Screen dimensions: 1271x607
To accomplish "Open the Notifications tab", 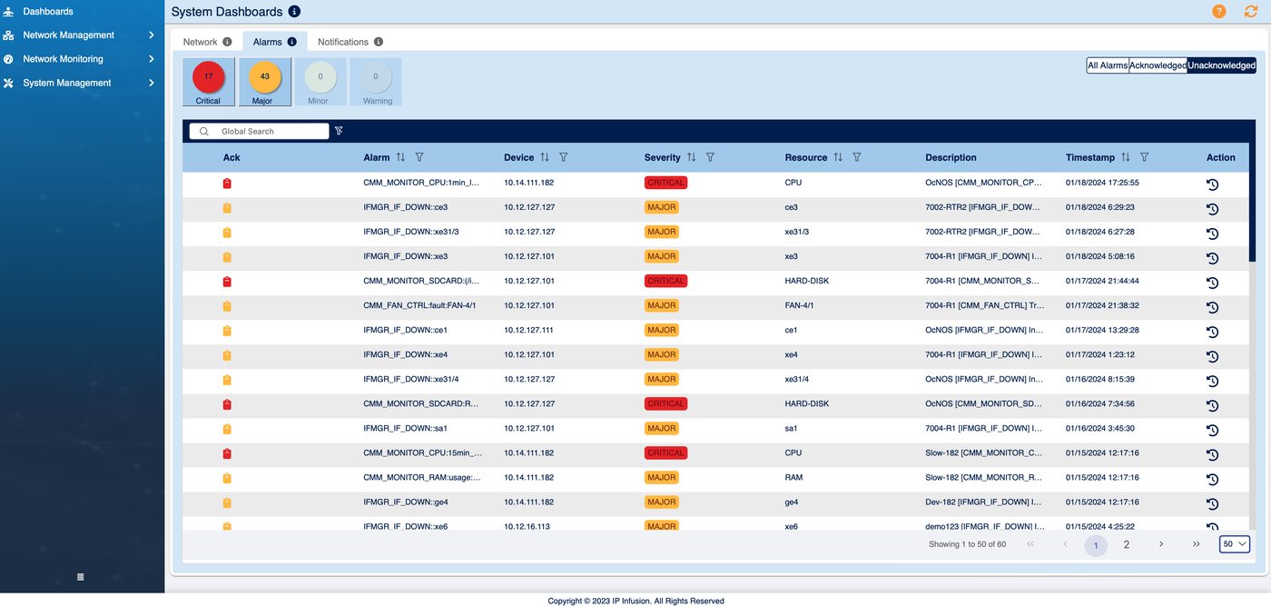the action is (x=343, y=42).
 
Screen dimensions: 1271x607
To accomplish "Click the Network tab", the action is (x=200, y=42).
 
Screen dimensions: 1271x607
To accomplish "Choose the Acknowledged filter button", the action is (x=1158, y=65).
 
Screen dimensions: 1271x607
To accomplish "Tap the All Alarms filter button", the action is (x=1108, y=65).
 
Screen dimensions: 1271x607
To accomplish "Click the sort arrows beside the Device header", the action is (x=545, y=157).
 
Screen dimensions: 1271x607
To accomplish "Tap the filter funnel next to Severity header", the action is (x=710, y=157).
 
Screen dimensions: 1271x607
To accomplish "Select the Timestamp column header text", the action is (x=1090, y=158).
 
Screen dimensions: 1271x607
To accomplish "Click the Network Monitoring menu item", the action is (x=63, y=59).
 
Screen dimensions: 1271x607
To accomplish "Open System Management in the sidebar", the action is (x=67, y=83).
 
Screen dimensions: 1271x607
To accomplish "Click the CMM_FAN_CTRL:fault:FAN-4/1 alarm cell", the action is (x=419, y=305).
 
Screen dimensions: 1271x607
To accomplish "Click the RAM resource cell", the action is (x=793, y=478).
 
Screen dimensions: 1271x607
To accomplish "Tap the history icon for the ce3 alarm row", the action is (x=1212, y=209).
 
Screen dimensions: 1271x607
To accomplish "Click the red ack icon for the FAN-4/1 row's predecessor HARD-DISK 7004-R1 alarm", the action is (x=227, y=282).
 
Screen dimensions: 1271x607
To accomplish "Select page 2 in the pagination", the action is (x=1127, y=544).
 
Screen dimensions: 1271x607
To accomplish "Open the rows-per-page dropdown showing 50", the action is (x=1234, y=544).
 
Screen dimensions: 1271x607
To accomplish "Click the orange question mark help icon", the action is (x=1218, y=11).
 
